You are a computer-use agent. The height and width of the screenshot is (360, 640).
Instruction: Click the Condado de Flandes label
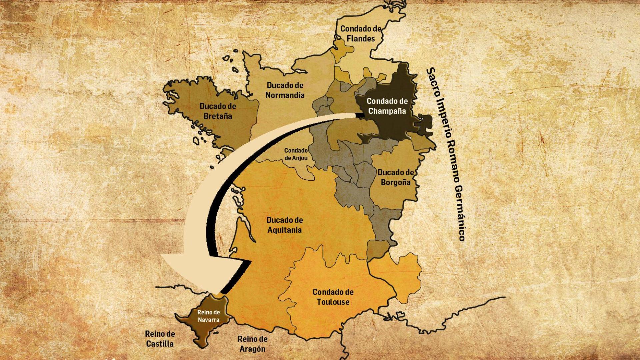361,34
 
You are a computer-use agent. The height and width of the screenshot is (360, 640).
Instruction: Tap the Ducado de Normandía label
285,90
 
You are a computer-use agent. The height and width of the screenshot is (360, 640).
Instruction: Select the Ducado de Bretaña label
218,111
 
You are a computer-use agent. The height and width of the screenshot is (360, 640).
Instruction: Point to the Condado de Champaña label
387,106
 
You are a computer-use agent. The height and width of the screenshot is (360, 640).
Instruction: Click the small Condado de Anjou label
296,154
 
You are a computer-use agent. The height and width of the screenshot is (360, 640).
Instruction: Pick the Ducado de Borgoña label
395,177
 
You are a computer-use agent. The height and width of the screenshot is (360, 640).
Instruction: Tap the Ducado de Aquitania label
285,225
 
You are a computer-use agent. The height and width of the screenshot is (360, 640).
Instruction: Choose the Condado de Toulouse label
333,297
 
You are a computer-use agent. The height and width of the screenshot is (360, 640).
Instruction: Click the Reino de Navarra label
208,316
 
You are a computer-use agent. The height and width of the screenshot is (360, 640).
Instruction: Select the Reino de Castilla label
160,339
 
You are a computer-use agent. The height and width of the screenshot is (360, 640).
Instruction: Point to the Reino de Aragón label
252,344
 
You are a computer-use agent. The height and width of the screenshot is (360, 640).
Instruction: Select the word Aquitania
285,230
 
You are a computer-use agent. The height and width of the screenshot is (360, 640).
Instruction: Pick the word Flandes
361,39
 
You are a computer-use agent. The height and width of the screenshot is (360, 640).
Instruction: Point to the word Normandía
285,95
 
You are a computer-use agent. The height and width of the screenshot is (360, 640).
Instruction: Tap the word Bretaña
218,116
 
